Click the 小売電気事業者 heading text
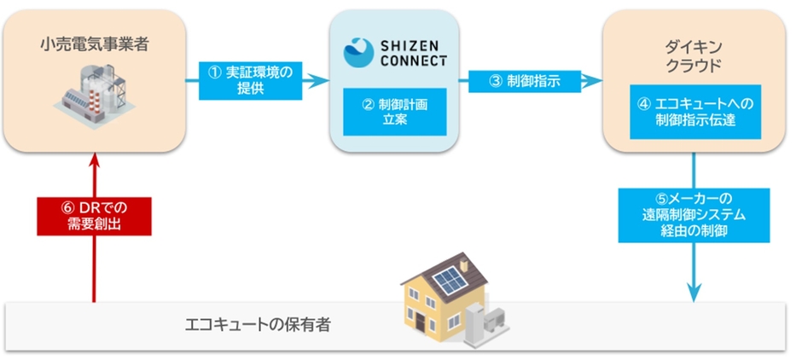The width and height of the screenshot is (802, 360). [94, 45]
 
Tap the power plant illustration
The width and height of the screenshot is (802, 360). [95, 96]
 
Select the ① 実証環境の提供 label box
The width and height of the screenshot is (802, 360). [251, 81]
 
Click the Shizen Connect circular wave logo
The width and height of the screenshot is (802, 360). [358, 53]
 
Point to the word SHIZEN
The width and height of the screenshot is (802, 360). [414, 46]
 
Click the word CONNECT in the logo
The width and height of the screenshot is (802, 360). [414, 61]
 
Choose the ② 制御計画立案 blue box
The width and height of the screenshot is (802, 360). [394, 112]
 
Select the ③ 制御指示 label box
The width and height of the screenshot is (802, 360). [525, 81]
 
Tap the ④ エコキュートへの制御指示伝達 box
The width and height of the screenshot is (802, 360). [695, 112]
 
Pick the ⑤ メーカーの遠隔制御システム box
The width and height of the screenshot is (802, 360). [694, 215]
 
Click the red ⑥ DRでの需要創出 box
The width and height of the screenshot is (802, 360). [94, 217]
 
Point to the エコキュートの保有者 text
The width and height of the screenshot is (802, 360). [258, 325]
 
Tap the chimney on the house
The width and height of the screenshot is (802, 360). [464, 266]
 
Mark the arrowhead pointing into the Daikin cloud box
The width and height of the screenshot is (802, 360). [592, 80]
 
